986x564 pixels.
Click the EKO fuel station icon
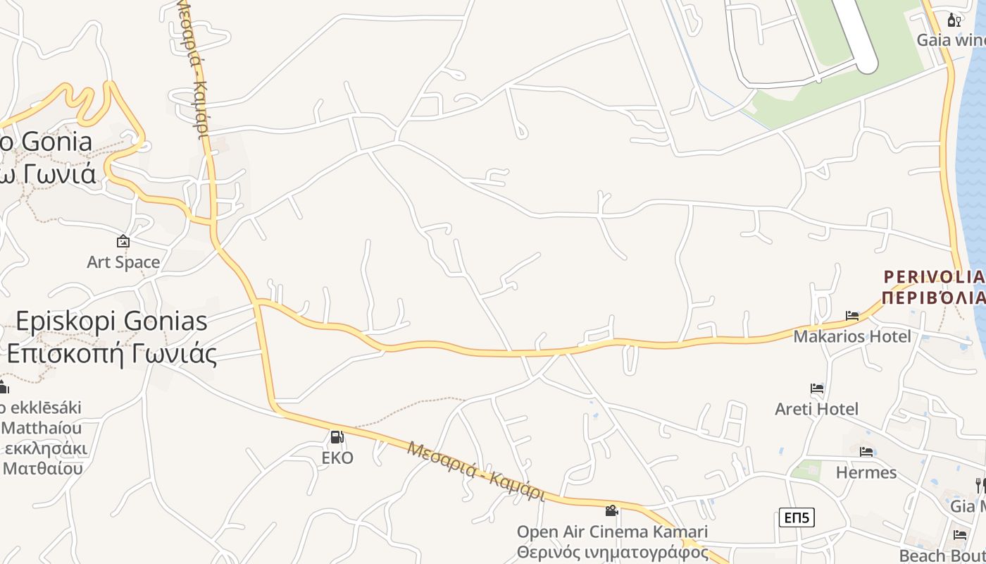(x=337, y=437)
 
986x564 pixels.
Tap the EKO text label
(x=337, y=458)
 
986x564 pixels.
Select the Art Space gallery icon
(x=123, y=242)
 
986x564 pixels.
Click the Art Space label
(x=123, y=262)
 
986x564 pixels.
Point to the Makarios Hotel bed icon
(x=852, y=316)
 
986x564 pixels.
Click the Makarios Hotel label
(x=851, y=336)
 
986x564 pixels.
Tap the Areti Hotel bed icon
(x=817, y=388)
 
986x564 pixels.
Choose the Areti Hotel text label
(x=817, y=409)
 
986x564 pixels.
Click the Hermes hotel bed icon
(x=866, y=451)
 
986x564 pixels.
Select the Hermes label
(x=866, y=472)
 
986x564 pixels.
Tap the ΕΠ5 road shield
(x=797, y=518)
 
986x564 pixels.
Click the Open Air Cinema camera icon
(x=612, y=510)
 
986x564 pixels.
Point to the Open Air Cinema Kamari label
(x=612, y=532)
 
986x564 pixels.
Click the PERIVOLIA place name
(x=933, y=276)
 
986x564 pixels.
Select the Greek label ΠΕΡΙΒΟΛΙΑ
(x=933, y=297)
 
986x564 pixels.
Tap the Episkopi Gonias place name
(x=111, y=321)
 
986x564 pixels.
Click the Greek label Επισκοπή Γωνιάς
(x=111, y=353)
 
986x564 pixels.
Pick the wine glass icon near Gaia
(x=954, y=20)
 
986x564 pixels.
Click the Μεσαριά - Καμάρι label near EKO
(x=476, y=470)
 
